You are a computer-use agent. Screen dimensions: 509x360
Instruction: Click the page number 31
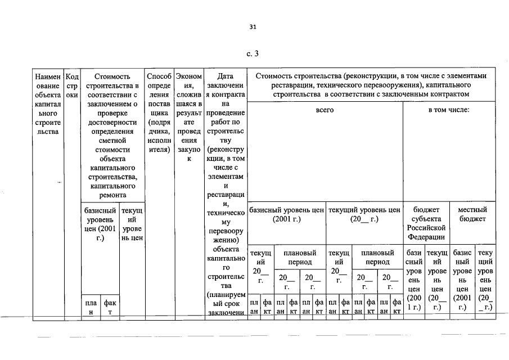coord(253,27)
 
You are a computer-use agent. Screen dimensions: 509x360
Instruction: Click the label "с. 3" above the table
coord(253,53)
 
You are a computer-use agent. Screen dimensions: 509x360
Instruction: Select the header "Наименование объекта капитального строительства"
coord(48,104)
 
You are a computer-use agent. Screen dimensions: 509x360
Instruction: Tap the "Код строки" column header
coord(72,85)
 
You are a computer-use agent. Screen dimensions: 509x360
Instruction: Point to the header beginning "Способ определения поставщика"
coord(159,113)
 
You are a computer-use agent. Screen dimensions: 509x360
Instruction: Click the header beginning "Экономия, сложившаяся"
coord(189,118)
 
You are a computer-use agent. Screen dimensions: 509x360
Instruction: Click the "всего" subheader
coord(325,110)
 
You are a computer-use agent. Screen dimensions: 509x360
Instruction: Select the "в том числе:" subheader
coord(449,110)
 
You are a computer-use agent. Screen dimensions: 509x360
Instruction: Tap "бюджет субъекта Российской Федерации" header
coord(426,223)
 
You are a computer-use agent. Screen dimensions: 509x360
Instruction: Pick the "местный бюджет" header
coord(472,214)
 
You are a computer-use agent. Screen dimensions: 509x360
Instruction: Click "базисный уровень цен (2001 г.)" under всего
coord(287,214)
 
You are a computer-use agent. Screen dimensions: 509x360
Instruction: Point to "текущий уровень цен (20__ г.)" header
coord(364,214)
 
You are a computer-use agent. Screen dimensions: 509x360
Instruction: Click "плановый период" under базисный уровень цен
coord(300,258)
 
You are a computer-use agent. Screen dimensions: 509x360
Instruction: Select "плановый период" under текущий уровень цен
coord(377,258)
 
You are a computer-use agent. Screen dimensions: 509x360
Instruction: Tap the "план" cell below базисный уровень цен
coord(91,308)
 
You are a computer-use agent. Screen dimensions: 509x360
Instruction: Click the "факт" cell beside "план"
coord(110,308)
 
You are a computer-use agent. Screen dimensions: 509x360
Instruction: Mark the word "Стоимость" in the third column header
coord(112,76)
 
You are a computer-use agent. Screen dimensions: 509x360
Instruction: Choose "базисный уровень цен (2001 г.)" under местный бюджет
coord(462,280)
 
